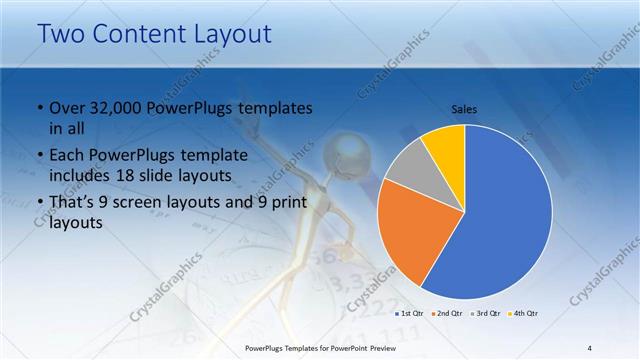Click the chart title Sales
pos(465,108)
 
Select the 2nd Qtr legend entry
pos(447,314)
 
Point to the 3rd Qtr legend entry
pos(486,314)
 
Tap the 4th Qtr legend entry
pos(525,314)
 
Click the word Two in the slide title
pos(62,34)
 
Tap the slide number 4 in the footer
pos(590,347)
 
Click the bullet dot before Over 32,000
pos(39,108)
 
